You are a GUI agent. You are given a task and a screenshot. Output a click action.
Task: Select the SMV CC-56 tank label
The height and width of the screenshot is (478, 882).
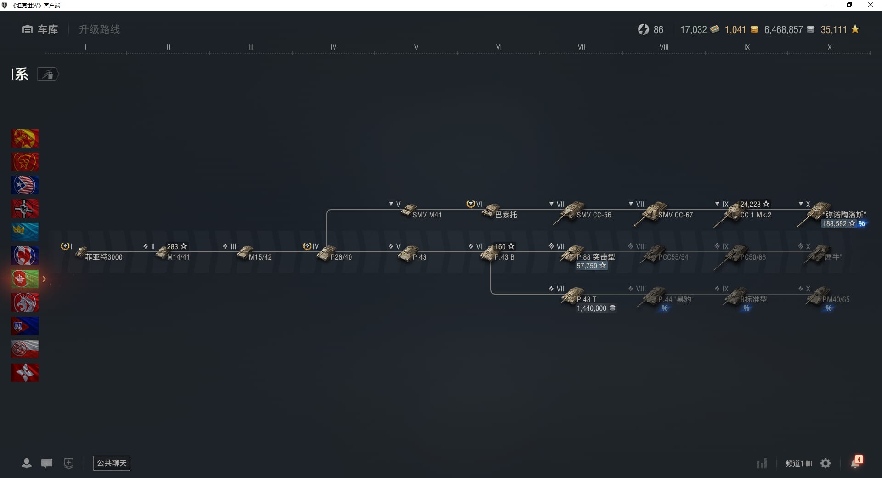pos(594,215)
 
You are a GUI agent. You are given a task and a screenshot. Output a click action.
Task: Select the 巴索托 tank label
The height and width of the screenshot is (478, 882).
pos(506,215)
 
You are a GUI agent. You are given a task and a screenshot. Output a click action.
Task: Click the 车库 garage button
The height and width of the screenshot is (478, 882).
pos(40,29)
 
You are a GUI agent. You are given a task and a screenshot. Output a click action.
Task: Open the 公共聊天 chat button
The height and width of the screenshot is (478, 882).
pos(112,463)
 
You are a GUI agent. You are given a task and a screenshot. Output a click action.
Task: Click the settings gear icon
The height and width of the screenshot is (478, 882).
pos(825,463)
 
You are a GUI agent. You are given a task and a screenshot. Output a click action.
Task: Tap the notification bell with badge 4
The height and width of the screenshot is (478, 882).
pos(856,462)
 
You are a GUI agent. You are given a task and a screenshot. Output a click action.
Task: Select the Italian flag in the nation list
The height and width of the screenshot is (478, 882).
pos(25,279)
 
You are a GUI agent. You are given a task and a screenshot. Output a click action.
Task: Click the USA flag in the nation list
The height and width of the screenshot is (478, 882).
pos(25,185)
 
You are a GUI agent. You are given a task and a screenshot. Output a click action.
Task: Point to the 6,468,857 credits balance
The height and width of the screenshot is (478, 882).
pos(783,30)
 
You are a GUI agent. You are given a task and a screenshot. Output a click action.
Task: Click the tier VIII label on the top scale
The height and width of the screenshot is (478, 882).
pos(664,47)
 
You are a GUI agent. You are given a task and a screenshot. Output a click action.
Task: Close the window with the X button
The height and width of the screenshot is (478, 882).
pos(870,5)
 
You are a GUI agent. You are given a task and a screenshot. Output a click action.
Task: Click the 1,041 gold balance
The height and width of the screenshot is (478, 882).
pos(735,30)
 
